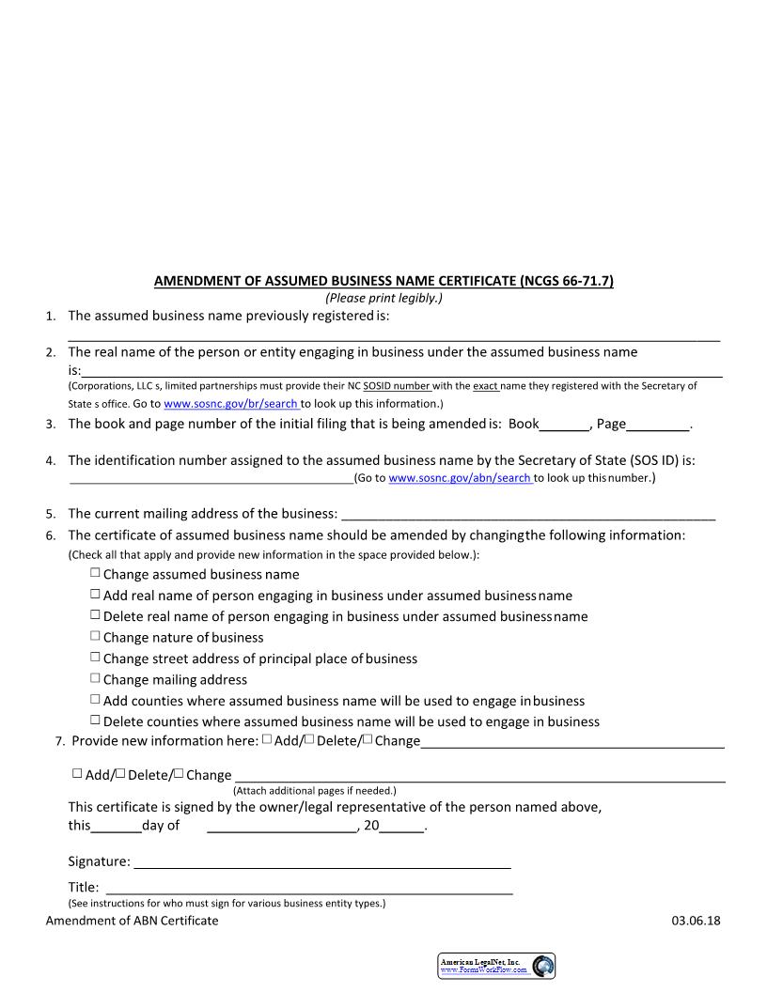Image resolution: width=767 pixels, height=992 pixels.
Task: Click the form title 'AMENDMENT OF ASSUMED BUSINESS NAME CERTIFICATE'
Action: pyautogui.click(x=383, y=281)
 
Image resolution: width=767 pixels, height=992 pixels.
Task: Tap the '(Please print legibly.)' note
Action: pyautogui.click(x=383, y=298)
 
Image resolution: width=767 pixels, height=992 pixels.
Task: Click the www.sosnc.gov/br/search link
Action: pyautogui.click(x=231, y=404)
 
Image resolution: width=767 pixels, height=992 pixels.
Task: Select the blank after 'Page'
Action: pyautogui.click(x=658, y=425)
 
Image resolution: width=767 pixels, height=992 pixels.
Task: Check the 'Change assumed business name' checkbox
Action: pyautogui.click(x=95, y=573)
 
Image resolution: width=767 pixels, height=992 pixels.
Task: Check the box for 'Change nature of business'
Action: pyautogui.click(x=95, y=636)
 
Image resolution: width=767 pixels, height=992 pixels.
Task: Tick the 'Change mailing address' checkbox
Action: pyautogui.click(x=95, y=678)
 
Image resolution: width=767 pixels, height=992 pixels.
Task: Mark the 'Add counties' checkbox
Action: pyautogui.click(x=95, y=699)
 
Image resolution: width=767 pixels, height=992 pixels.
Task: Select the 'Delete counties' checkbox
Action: pyautogui.click(x=95, y=721)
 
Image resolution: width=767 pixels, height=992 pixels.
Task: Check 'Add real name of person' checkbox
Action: pyautogui.click(x=95, y=594)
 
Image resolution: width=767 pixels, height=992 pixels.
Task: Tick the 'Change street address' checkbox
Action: pyautogui.click(x=95, y=658)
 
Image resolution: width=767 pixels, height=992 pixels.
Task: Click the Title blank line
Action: pyautogui.click(x=309, y=888)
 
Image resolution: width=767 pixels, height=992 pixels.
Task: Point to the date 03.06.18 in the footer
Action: pyautogui.click(x=696, y=921)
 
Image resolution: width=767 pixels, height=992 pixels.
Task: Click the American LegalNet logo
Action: pyautogui.click(x=496, y=966)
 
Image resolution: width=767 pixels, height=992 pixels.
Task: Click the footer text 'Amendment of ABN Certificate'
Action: pyautogui.click(x=132, y=921)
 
